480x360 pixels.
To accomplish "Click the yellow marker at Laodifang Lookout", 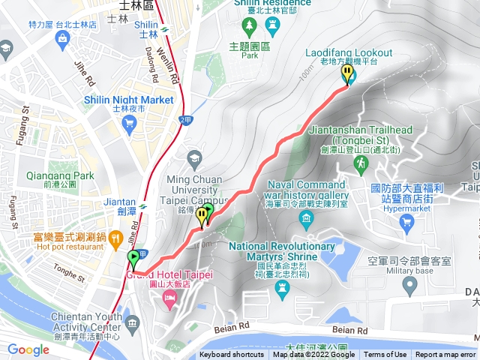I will (x=346, y=74).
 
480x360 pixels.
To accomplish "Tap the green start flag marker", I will (x=133, y=260).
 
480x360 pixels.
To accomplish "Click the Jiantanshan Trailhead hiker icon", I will (x=361, y=162).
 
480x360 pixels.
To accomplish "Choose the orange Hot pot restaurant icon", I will (x=115, y=240).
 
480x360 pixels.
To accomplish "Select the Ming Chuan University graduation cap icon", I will (x=194, y=157).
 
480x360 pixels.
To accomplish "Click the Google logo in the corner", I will (x=28, y=349).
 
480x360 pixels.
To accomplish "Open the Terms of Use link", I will (x=385, y=355).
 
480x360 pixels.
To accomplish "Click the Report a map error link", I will (x=445, y=355).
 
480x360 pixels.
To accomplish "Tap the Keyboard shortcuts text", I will (x=232, y=355).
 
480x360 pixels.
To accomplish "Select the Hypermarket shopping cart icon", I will (x=407, y=221).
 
